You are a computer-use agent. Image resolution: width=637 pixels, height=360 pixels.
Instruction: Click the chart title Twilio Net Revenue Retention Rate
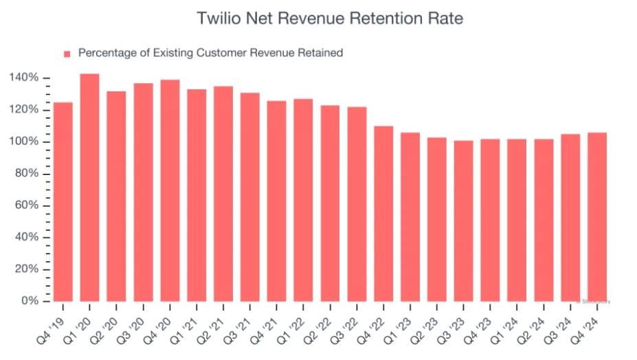tap(330, 19)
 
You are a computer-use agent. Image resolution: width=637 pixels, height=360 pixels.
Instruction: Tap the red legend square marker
tap(67, 53)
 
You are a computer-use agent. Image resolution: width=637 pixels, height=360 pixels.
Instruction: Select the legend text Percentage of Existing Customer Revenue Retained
tap(210, 53)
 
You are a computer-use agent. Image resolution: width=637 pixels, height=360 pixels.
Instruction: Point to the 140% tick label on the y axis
tap(25, 78)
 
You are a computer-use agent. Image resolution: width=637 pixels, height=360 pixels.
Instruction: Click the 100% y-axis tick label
tap(25, 142)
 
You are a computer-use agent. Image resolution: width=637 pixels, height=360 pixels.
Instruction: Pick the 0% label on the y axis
tap(30, 301)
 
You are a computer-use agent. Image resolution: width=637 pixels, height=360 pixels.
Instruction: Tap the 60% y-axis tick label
tap(27, 205)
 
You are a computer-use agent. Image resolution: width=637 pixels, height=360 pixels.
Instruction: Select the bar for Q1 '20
tap(89, 188)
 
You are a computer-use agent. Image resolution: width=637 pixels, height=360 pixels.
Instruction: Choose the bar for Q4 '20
tap(170, 190)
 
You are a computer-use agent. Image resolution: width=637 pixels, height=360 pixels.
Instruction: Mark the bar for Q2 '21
tap(223, 194)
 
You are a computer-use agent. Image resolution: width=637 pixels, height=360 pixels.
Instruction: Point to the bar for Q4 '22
tap(383, 214)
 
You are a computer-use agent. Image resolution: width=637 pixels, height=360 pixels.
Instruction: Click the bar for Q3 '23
tap(464, 221)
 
